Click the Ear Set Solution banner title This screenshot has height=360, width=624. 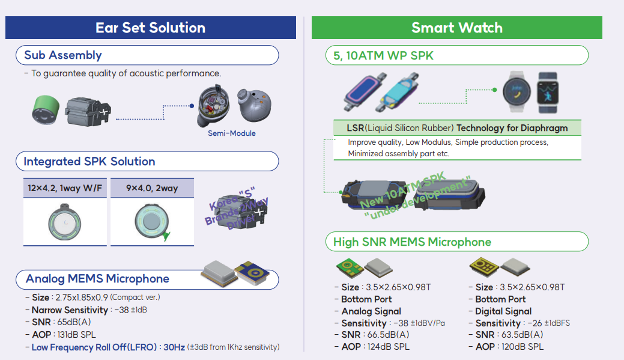150,28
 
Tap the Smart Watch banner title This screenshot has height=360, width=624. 456,28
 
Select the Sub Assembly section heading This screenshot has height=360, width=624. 63,55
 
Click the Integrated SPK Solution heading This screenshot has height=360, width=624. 89,161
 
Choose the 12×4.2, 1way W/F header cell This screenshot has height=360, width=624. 65,188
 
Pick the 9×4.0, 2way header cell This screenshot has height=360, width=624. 152,188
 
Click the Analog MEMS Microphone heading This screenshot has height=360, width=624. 97,279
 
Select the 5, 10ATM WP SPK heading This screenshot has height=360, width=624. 379,55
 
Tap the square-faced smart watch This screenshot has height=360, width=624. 547,92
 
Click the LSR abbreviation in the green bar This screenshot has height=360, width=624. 356,128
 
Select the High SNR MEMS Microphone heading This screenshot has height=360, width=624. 412,242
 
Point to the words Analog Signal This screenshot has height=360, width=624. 371,311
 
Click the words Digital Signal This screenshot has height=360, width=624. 503,311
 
